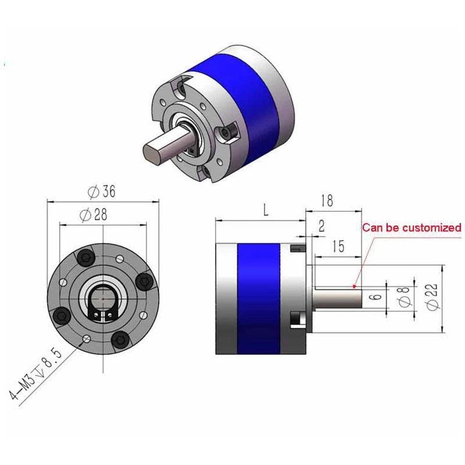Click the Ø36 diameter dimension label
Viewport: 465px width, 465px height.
coord(102,191)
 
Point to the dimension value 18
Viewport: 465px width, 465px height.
coord(327,201)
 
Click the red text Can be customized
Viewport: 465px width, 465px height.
coord(412,227)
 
